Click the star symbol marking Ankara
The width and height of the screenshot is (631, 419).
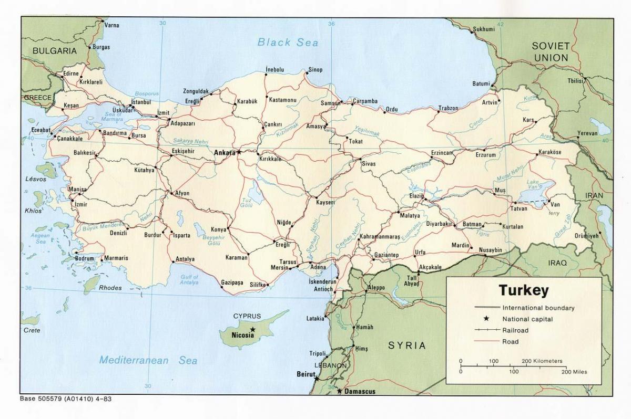[x=239, y=152]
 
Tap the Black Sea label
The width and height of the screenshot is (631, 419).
[x=288, y=43]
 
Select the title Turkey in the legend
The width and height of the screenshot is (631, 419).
[x=523, y=290]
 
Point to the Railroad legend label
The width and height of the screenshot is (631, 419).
[x=515, y=330]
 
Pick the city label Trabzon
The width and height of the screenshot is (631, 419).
[x=449, y=108]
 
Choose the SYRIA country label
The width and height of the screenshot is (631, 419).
[x=406, y=345]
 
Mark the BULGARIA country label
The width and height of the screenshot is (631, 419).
[x=55, y=51]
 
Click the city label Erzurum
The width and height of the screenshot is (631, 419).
[x=486, y=155]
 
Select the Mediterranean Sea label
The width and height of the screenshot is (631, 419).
[x=149, y=360]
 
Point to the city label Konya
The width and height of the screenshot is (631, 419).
[x=218, y=229]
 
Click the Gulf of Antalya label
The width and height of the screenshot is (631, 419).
[x=189, y=280]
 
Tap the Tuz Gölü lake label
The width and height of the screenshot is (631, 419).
[x=246, y=203]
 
